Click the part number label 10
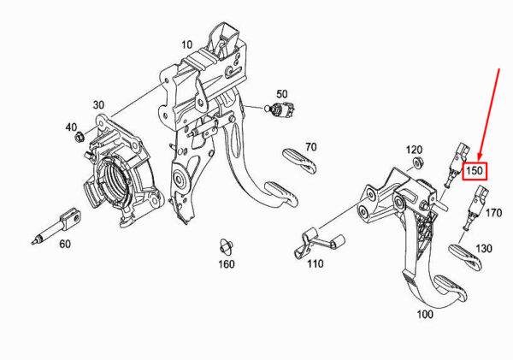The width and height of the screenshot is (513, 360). (x=186, y=44)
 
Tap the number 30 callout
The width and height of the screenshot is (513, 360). (x=98, y=105)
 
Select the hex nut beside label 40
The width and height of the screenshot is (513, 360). (x=80, y=137)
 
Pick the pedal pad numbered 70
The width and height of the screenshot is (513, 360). (x=299, y=160)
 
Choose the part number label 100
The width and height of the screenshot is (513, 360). (x=425, y=315)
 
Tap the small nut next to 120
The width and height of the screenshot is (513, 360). (x=417, y=162)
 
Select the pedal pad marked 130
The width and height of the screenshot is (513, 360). (x=465, y=257)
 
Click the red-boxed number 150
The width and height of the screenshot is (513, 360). (x=475, y=171)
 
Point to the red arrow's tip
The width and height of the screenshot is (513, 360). (x=480, y=162)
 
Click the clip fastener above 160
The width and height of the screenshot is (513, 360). (x=226, y=247)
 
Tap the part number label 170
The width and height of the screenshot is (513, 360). (x=493, y=213)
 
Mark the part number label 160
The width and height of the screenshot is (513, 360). (x=227, y=263)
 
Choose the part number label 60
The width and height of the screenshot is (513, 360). (x=65, y=244)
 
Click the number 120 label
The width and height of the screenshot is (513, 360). (x=414, y=150)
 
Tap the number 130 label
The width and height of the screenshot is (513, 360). (x=484, y=248)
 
